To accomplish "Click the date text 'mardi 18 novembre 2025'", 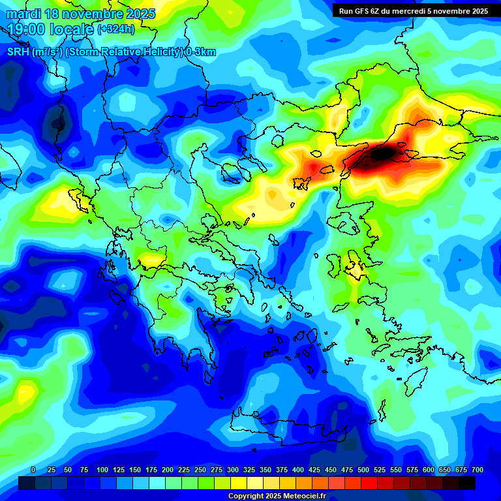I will pos(80,14).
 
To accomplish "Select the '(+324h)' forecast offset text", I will pos(117,29).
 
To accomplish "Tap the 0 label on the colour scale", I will pos(33,470).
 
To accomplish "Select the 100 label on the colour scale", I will pos(102,470).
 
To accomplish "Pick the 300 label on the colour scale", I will pos(233,470).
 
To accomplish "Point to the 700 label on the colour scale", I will pos(478,470).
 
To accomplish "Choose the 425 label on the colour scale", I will pos(314,470).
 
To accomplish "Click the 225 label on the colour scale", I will pos(184,470).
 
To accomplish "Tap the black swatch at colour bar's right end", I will pos(467,483).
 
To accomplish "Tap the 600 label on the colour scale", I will pos(429,470).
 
